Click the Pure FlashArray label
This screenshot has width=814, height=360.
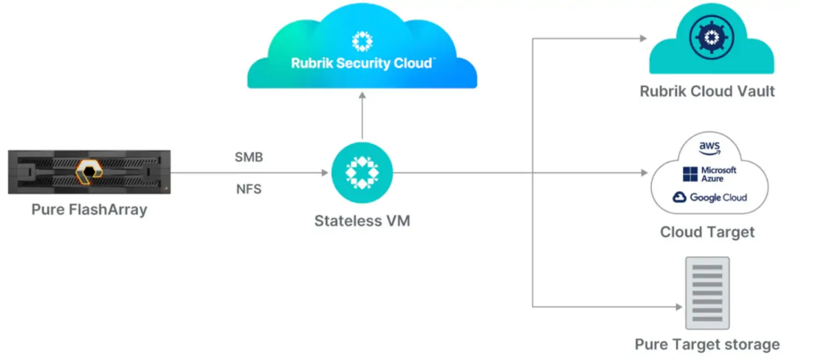89,210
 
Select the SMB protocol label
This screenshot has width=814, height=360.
249,157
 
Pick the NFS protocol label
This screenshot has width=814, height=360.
249,189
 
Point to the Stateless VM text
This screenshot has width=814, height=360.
362,221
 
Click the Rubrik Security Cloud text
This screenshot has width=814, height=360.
362,63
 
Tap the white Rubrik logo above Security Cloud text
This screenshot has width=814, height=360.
362,42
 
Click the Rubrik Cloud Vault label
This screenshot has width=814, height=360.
707,91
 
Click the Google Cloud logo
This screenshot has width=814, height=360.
710,198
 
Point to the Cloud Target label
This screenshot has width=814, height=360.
707,232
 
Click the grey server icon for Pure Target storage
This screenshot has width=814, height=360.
707,293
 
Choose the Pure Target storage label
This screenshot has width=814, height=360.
707,344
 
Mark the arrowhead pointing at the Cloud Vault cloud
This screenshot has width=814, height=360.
643,39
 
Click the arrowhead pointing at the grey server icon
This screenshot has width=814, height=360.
680,306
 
